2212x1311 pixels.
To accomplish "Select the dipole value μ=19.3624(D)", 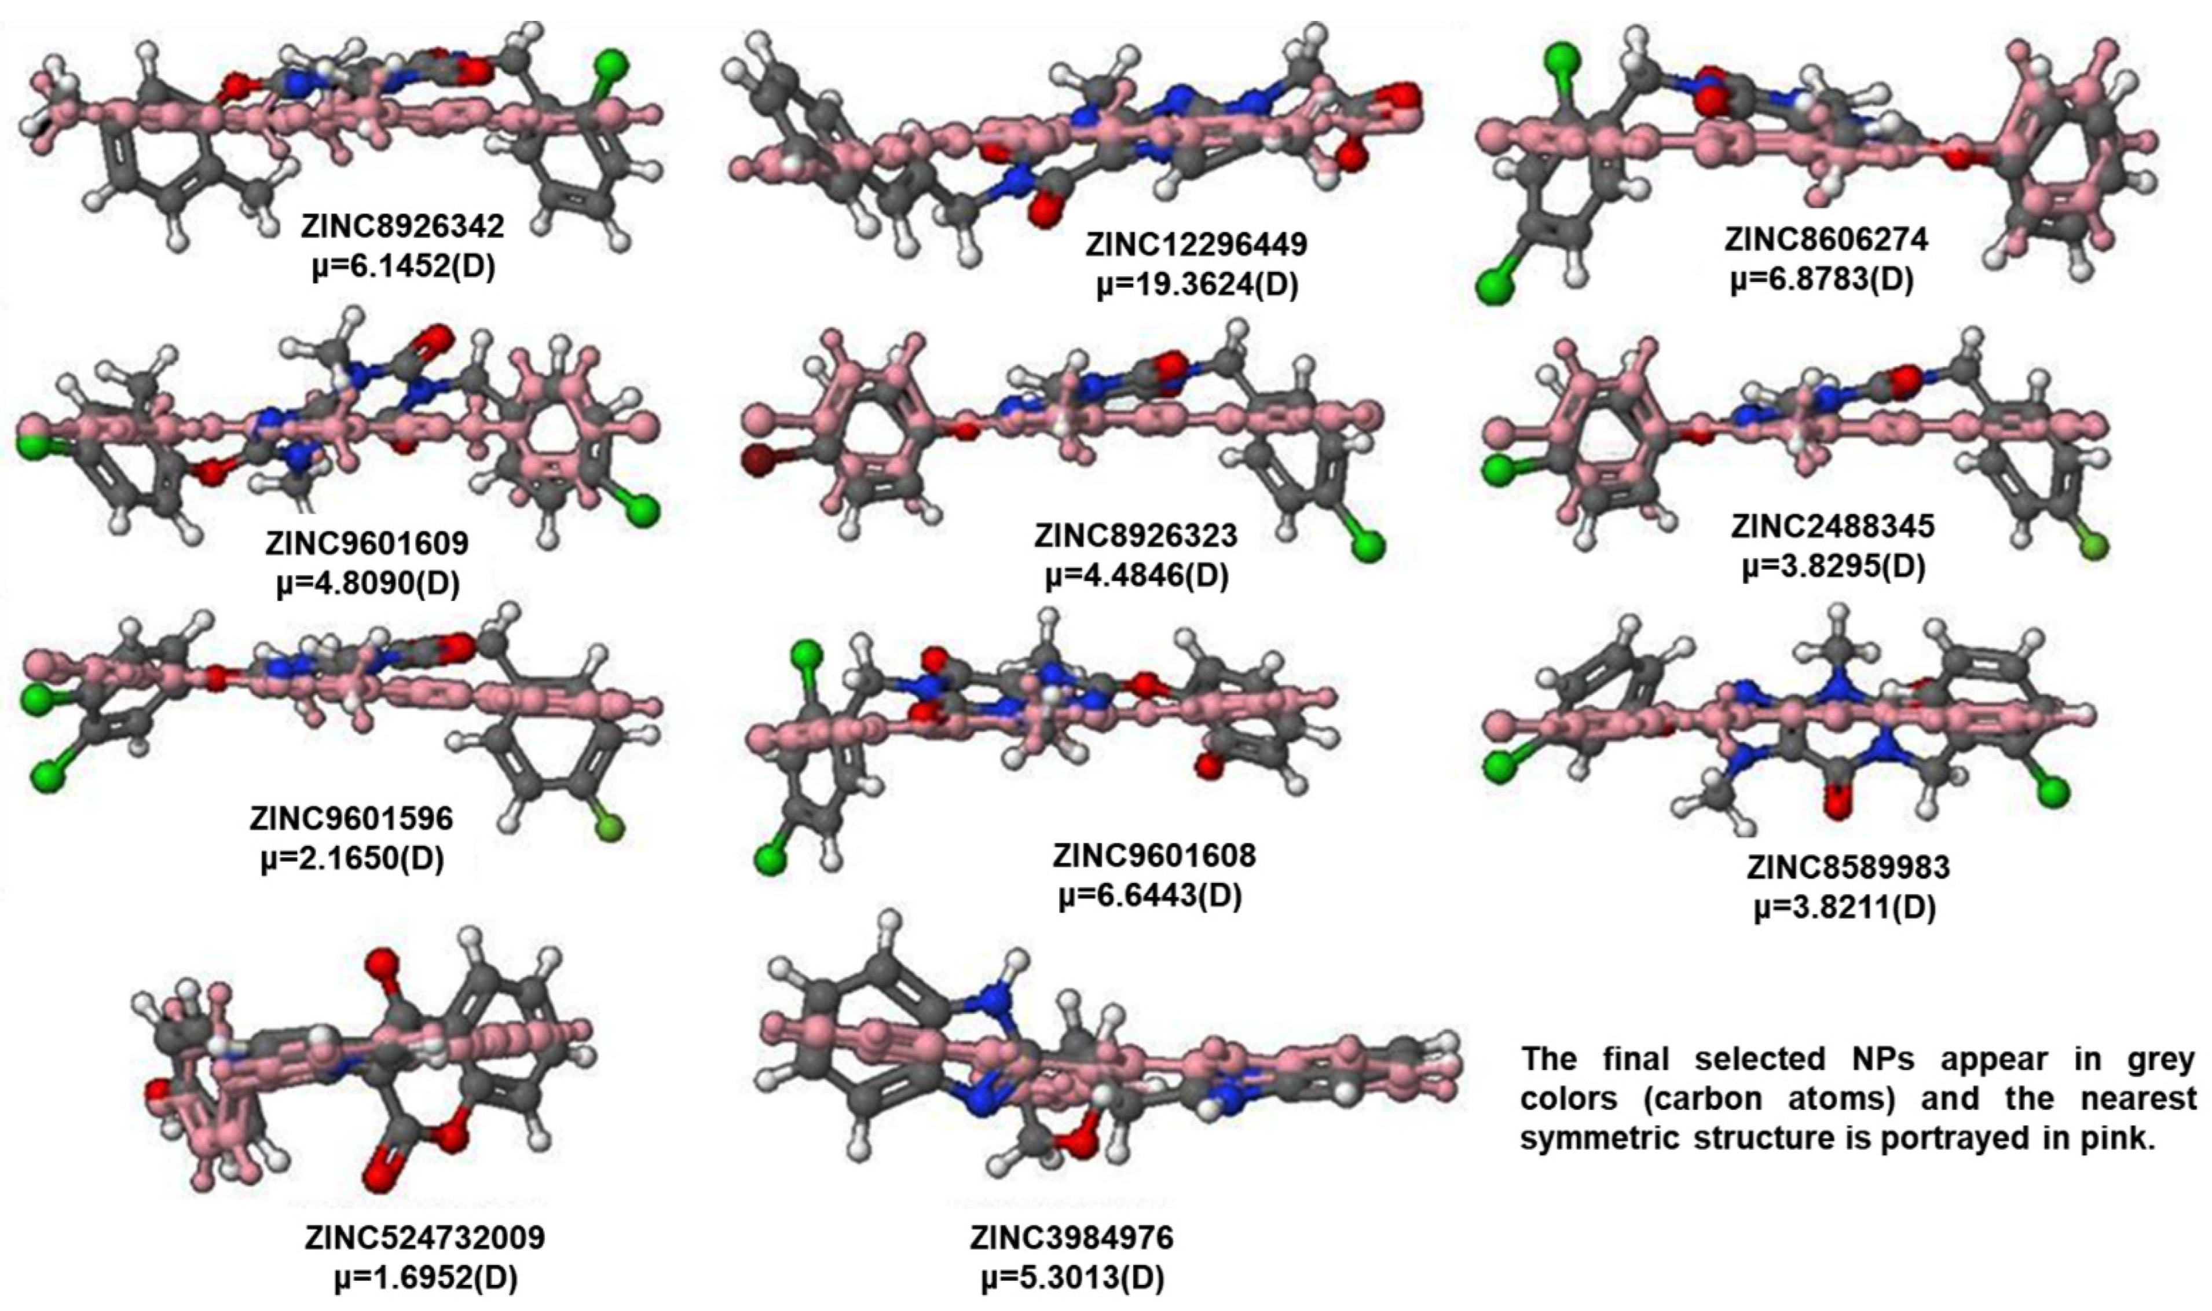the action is point(1197,287).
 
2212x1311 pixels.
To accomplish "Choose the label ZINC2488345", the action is point(1832,526).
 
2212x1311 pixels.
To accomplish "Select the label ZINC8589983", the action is point(1848,867).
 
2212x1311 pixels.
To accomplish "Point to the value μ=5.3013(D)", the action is point(1072,1277).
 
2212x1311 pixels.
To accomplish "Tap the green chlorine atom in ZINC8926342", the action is point(611,64).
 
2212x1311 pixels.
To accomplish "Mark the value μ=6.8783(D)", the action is point(1822,280).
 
